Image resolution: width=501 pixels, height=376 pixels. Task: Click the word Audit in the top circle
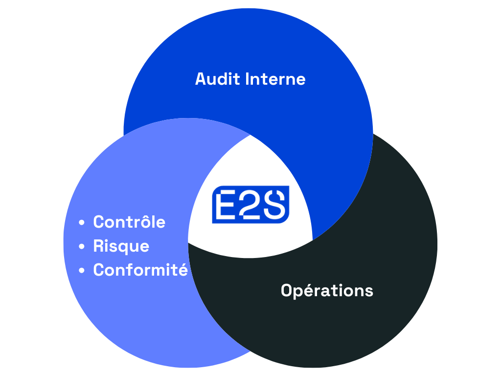click(x=218, y=79)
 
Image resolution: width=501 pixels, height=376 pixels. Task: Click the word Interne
click(x=275, y=79)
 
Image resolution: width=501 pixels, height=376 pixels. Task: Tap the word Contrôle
click(x=129, y=221)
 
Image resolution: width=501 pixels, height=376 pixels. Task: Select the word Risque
click(x=121, y=247)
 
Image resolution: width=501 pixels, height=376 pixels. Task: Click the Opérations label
click(x=327, y=291)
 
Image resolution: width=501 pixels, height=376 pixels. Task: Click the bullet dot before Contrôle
click(x=82, y=222)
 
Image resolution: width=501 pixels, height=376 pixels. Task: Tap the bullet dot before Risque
click(x=82, y=247)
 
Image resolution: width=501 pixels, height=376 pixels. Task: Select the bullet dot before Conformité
click(x=82, y=270)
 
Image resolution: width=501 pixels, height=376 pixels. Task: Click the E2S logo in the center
click(x=251, y=204)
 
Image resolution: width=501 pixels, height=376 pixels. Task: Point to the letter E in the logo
click(x=226, y=205)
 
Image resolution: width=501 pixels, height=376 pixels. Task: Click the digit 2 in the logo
click(x=250, y=205)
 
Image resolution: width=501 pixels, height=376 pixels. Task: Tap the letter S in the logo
click(x=274, y=204)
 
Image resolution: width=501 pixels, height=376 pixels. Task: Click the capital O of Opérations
click(x=287, y=290)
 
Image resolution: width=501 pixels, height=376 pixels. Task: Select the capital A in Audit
click(x=202, y=79)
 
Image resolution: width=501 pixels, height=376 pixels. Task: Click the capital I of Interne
click(x=247, y=79)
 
